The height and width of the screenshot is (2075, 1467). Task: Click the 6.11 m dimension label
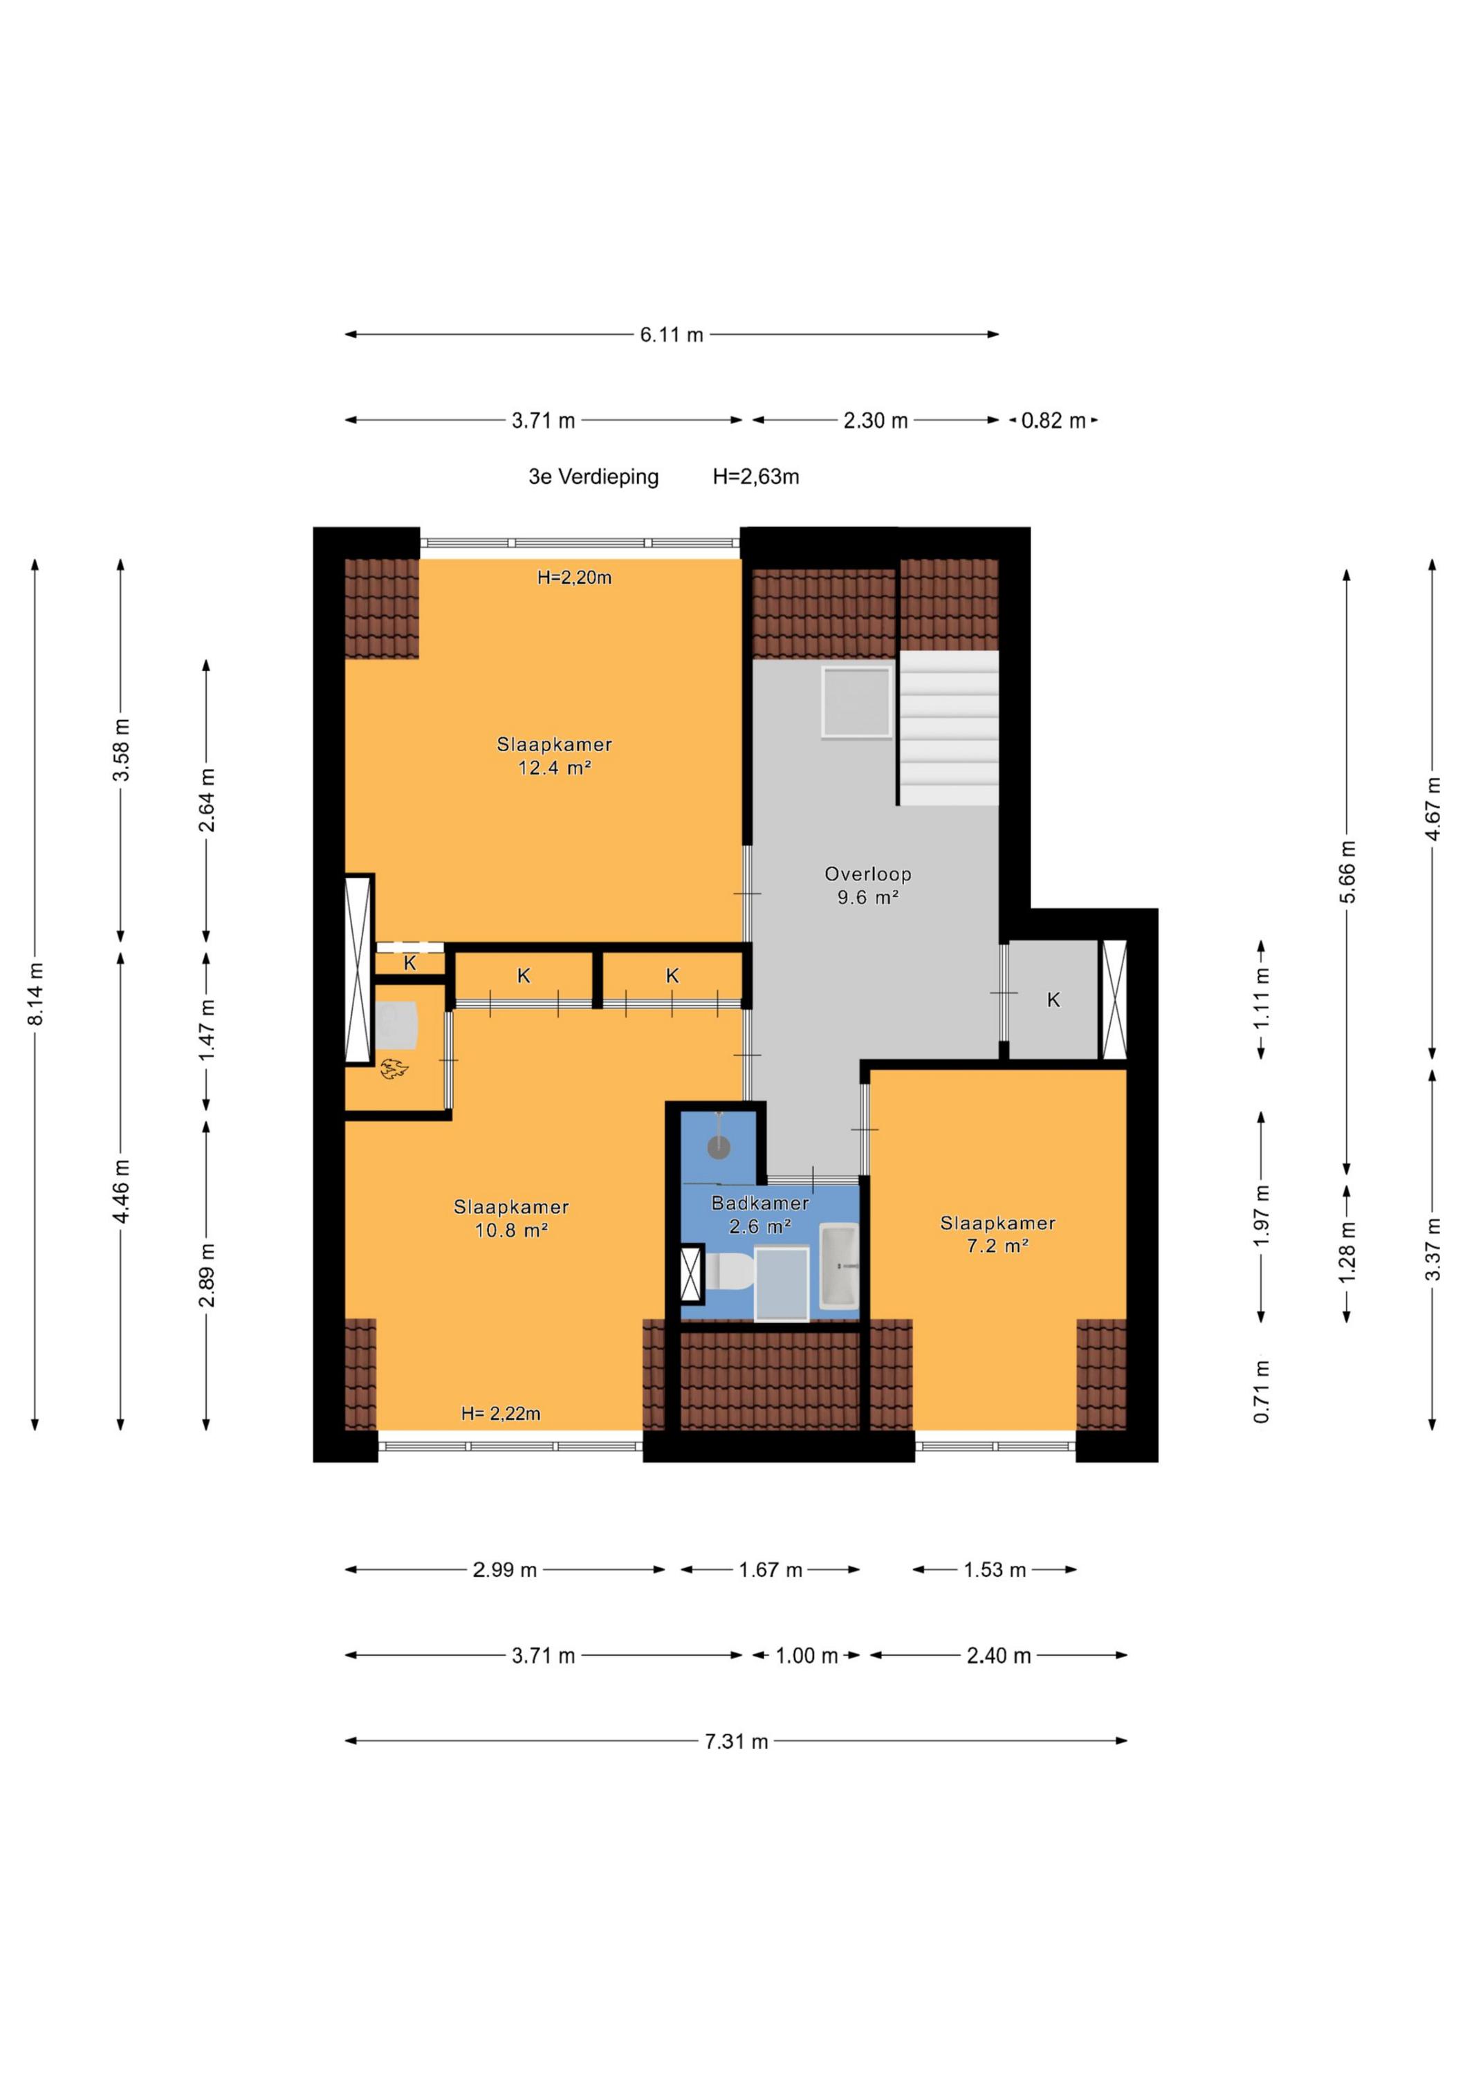[672, 334]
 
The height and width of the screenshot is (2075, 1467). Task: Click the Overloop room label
[868, 874]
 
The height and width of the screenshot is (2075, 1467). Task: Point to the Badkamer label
[760, 1203]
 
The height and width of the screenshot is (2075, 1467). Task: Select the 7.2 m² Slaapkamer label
[998, 1235]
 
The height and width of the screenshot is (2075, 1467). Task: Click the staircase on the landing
[949, 728]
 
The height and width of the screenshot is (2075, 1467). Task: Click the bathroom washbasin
[839, 1266]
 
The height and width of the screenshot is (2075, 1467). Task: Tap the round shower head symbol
[718, 1147]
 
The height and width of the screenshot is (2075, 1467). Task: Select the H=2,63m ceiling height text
[756, 477]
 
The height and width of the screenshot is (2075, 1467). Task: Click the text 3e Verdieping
[594, 477]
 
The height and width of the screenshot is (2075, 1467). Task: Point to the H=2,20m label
[574, 578]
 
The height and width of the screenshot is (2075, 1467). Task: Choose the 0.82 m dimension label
[1053, 421]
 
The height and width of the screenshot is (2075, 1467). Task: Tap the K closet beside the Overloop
[1053, 1000]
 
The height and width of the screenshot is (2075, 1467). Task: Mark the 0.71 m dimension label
[1262, 1392]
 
